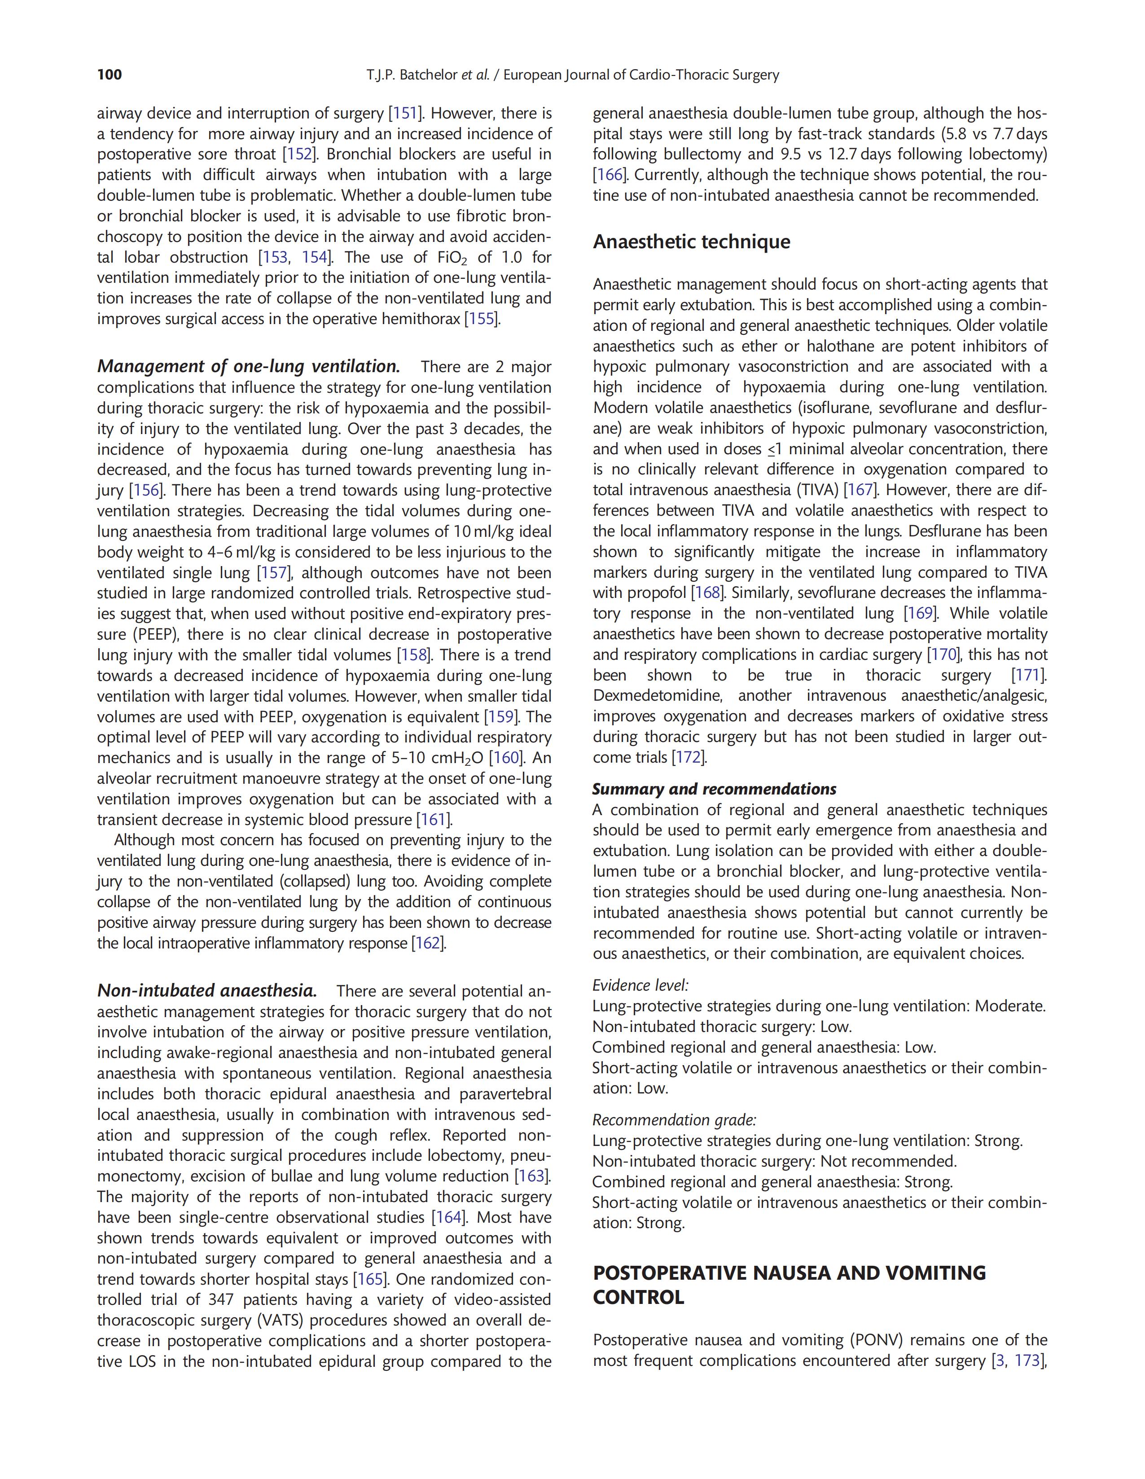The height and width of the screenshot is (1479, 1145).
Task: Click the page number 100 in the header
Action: pos(110,75)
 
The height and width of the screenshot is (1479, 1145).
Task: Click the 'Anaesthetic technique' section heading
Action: pos(691,242)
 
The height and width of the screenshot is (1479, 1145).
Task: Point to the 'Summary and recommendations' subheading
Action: pos(714,789)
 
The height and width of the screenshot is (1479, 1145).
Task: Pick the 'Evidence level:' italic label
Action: pos(640,985)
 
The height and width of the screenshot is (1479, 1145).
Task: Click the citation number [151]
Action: pos(404,113)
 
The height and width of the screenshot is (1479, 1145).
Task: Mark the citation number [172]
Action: pos(689,757)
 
